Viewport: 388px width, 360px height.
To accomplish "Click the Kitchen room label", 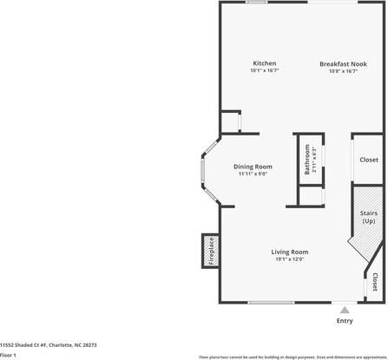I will (x=265, y=63).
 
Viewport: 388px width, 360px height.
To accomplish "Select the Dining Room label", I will (x=253, y=167).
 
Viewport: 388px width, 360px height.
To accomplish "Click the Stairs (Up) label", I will (x=368, y=216).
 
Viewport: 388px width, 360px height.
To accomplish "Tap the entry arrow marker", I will (x=345, y=332).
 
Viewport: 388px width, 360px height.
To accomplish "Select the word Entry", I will (x=345, y=344).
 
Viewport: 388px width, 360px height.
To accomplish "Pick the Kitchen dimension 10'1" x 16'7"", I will (x=265, y=71).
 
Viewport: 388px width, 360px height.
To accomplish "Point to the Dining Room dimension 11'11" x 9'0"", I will (x=253, y=173).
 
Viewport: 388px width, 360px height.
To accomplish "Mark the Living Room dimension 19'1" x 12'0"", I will (x=291, y=259).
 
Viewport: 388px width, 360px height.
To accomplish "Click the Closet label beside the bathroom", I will (x=369, y=160).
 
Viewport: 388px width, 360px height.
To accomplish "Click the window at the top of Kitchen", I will (x=256, y=3).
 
